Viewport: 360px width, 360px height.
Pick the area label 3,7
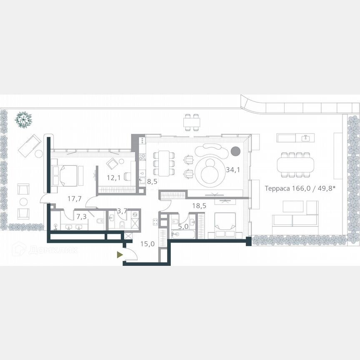pos(122,211)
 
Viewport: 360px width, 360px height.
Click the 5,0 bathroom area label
pos(183,227)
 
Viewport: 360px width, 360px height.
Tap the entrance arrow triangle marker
pos(120,254)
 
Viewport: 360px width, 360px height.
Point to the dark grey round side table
pos(235,151)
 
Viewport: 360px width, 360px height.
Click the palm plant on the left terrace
pos(23,120)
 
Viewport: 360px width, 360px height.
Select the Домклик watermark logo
pos(45,250)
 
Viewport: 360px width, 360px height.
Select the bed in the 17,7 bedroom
pos(65,175)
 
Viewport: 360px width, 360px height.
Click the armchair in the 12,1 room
pos(113,163)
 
